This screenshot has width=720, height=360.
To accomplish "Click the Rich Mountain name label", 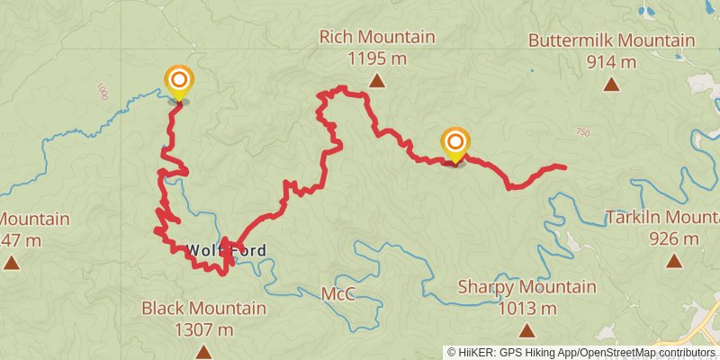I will (377, 38).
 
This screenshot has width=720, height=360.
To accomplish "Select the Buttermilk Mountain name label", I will (611, 40).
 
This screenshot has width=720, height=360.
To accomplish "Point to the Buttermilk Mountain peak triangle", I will (611, 85).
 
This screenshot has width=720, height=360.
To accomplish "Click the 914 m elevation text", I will (611, 62).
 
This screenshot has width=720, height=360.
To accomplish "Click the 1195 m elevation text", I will (377, 59).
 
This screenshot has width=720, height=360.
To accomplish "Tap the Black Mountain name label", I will (203, 309).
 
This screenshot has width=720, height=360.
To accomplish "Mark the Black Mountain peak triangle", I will (203, 352).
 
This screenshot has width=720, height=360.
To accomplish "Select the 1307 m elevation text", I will (203, 330).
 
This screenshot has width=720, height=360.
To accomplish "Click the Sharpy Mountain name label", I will (526, 287).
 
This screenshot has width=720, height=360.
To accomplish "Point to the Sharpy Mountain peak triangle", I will (526, 331).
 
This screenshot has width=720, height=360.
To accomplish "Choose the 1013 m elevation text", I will (526, 309).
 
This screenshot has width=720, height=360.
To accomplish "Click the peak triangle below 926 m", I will (673, 262).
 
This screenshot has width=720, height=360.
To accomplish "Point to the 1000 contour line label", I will (101, 92).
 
